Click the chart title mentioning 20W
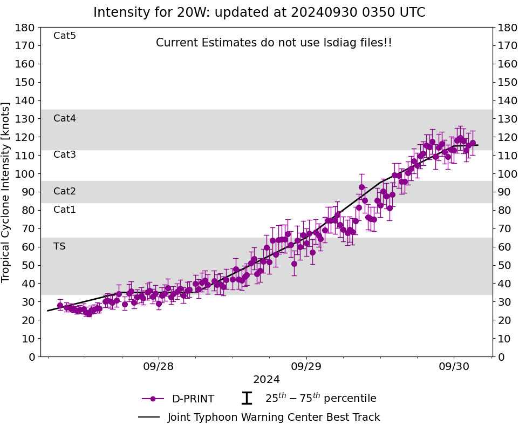pyautogui.click(x=259, y=12)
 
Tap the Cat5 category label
pyautogui.click(x=65, y=36)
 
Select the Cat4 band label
pyautogui.click(x=65, y=118)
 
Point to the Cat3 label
pyautogui.click(x=65, y=155)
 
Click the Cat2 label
pyautogui.click(x=65, y=191)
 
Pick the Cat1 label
pyautogui.click(x=65, y=210)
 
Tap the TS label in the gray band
pyautogui.click(x=59, y=246)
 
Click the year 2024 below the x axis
pyautogui.click(x=267, y=380)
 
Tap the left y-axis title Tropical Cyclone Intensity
pyautogui.click(x=6, y=192)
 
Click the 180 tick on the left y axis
pyautogui.click(x=26, y=28)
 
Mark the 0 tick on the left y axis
pyautogui.click(x=31, y=356)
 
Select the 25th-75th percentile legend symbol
pyautogui.click(x=247, y=399)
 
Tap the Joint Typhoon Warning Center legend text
pyautogui.click(x=274, y=418)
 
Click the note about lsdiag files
pyautogui.click(x=274, y=43)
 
